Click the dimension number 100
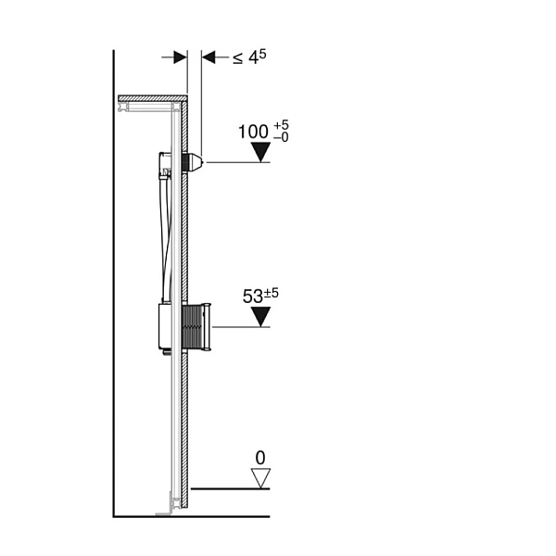click(253, 132)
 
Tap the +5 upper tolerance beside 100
click(281, 125)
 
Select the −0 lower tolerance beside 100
click(281, 137)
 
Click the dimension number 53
click(253, 297)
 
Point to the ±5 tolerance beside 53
click(272, 293)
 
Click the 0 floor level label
click(260, 458)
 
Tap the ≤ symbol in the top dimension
click(237, 58)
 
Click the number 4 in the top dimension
click(253, 57)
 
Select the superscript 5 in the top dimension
click(262, 54)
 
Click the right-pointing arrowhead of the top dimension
click(180, 57)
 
